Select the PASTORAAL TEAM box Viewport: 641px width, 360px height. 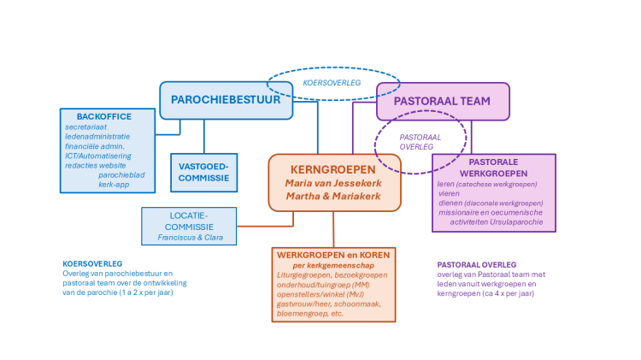[x=442, y=101]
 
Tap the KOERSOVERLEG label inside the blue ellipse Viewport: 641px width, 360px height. [x=332, y=83]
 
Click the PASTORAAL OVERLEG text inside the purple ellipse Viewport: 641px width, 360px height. [x=420, y=141]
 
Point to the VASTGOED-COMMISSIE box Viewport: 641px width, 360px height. [x=203, y=172]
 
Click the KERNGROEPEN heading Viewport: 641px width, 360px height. [x=334, y=168]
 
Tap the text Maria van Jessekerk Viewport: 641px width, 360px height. [x=334, y=183]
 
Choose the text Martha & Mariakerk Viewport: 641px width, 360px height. [x=334, y=198]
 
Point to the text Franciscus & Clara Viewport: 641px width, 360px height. [x=189, y=237]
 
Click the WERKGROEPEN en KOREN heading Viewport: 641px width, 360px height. [x=333, y=254]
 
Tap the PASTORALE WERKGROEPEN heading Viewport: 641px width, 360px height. [x=493, y=168]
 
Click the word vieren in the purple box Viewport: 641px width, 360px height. [x=448, y=194]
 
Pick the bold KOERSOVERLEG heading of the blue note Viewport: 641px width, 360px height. [x=92, y=263]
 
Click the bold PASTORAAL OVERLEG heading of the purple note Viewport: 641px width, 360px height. [x=478, y=265]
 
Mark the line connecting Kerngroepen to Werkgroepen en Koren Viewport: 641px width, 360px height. [x=333, y=229]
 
